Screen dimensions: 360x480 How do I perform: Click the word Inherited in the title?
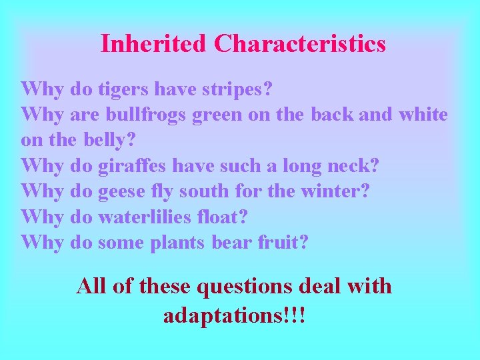pyautogui.click(x=153, y=44)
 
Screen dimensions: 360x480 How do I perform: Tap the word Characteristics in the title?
pyautogui.click(x=300, y=44)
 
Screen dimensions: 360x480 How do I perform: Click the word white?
pyautogui.click(x=423, y=115)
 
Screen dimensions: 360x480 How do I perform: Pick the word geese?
pyautogui.click(x=121, y=191)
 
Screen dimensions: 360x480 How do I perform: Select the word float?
pyautogui.click(x=226, y=217)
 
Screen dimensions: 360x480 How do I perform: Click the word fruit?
pyautogui.click(x=283, y=243)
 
